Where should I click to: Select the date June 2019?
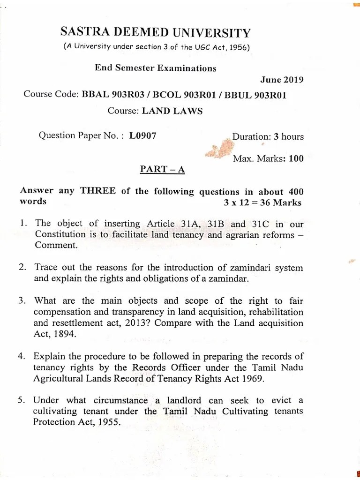coord(281,79)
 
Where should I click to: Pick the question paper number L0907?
coord(143,136)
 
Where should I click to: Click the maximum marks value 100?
coord(296,158)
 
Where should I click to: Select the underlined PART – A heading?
coord(163,169)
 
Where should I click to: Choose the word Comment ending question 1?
coord(52,246)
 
